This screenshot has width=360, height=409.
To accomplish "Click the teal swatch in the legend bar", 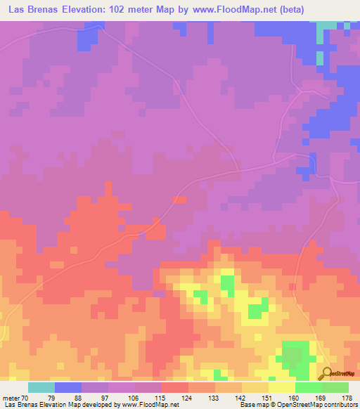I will tap(41, 387).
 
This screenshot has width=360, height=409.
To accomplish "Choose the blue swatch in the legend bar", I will tap(68, 387).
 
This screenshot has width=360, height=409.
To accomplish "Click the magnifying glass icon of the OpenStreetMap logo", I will tap(326, 374).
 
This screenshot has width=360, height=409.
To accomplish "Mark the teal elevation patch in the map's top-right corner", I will tap(328, 28).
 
